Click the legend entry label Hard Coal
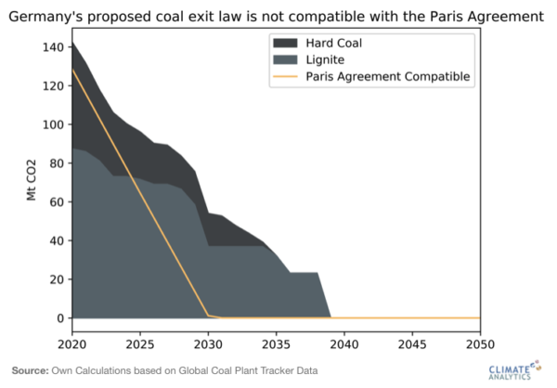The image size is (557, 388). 333,43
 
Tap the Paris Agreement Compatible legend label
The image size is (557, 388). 389,77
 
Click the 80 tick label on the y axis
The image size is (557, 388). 57,163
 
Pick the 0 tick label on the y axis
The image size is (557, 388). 60,318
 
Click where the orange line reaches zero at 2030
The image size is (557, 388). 208,317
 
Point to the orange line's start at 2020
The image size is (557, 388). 71,69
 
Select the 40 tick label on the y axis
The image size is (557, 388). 57,241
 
